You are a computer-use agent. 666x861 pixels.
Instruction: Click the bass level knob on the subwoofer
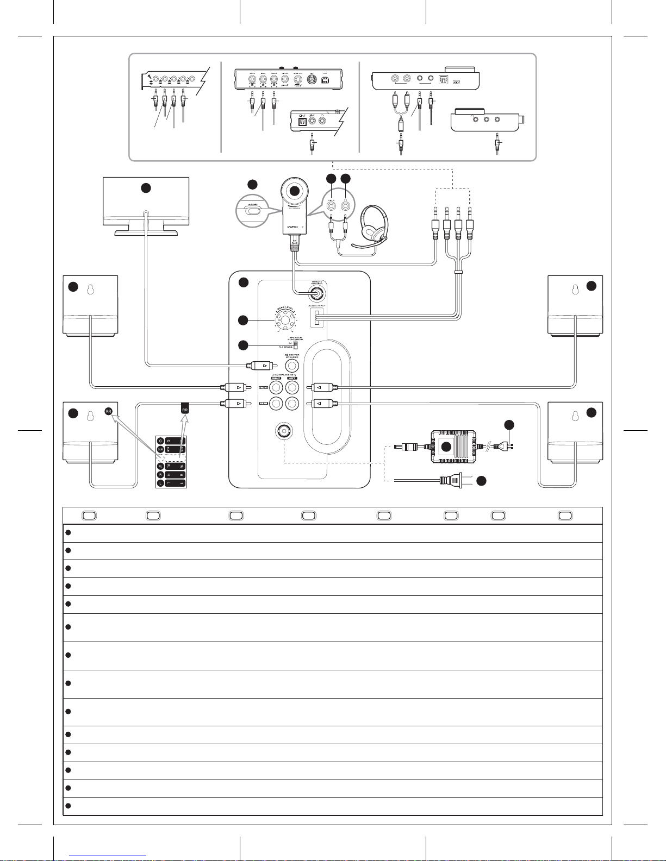284,320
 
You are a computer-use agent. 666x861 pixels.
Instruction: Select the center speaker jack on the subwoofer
292,366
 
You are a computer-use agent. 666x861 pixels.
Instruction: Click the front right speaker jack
277,387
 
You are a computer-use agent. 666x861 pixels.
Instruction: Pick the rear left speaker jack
292,404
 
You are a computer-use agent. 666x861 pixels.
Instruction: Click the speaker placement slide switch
296,344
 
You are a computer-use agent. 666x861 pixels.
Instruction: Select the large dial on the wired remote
294,191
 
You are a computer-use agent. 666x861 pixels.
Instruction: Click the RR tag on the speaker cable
185,407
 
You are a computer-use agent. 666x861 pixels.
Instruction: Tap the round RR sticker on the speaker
109,411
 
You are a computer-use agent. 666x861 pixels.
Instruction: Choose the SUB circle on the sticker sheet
160,449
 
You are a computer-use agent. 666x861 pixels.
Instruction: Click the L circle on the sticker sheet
160,483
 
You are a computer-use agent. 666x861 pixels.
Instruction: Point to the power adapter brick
453,447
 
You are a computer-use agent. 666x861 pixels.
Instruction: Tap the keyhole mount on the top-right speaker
575,290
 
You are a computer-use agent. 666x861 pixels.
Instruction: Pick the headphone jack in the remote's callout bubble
345,206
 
